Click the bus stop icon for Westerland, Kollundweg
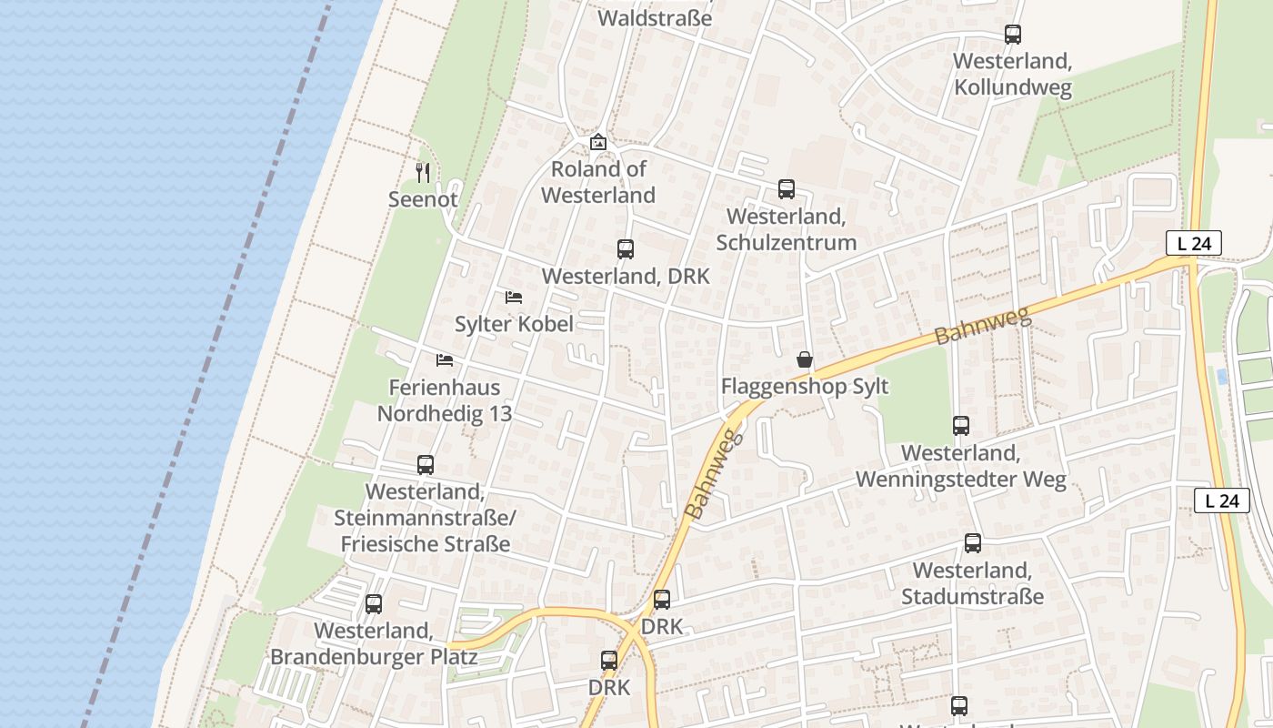(x=1012, y=35)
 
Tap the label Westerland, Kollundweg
(x=1012, y=75)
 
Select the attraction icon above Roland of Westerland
(x=597, y=142)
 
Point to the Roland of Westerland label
(x=597, y=182)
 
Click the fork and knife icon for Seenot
(x=423, y=172)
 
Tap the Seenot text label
(x=423, y=199)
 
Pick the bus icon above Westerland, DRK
(x=625, y=249)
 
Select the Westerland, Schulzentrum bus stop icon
(x=786, y=189)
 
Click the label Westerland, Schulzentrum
(x=786, y=229)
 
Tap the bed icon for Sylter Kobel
(x=514, y=298)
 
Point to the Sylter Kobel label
(x=514, y=325)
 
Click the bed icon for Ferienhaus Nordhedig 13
(x=445, y=360)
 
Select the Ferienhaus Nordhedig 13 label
(x=445, y=400)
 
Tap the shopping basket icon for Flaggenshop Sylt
(x=804, y=359)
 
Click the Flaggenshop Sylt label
(x=804, y=387)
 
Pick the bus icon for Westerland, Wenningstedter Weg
(x=960, y=425)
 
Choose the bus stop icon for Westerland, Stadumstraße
(x=972, y=543)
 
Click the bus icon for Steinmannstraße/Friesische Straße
(x=425, y=465)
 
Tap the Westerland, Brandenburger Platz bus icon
(x=373, y=604)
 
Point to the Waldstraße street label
(x=655, y=18)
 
